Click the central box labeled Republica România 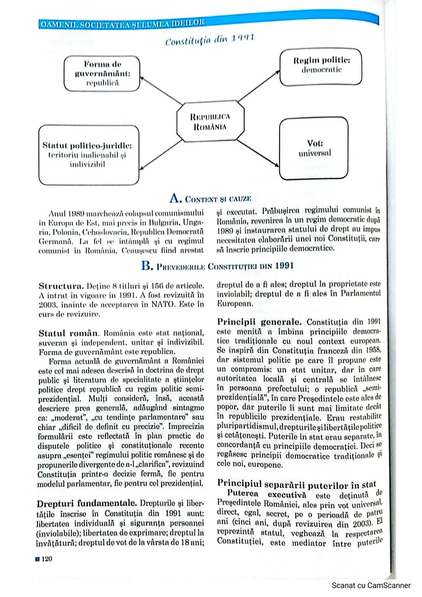pyautogui.click(x=210, y=122)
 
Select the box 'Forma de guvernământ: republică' pyautogui.click(x=102, y=73)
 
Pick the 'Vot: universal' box pyautogui.click(x=314, y=149)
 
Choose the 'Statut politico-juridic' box pyautogui.click(x=88, y=155)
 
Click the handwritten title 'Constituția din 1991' pyautogui.click(x=210, y=40)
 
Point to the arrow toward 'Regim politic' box pyautogui.click(x=259, y=86)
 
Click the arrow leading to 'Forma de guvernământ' pyautogui.click(x=161, y=90)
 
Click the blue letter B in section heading pyautogui.click(x=147, y=266)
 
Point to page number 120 pyautogui.click(x=46, y=559)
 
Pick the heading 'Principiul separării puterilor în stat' pyautogui.click(x=296, y=485)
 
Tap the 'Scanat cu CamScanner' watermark pyautogui.click(x=371, y=585)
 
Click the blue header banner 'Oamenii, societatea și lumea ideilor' pyautogui.click(x=122, y=24)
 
